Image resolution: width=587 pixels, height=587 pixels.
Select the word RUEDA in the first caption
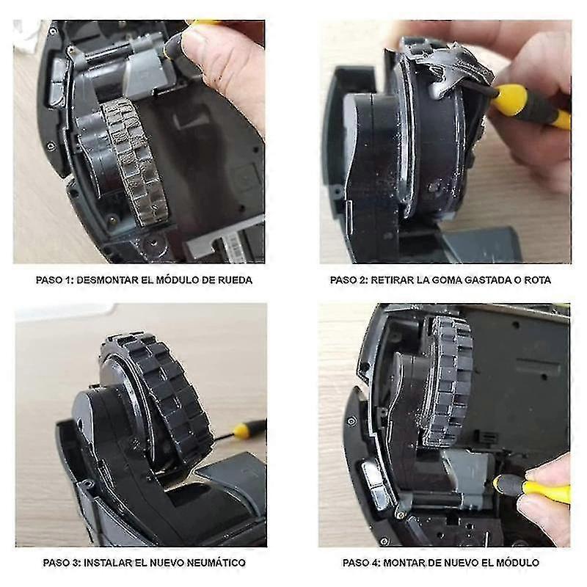[236, 280]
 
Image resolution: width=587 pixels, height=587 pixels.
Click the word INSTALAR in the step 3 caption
[111, 563]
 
